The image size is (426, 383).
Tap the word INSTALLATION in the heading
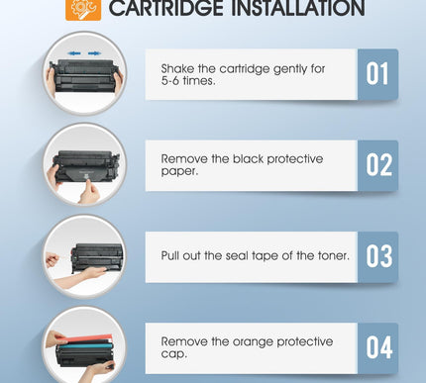[x=292, y=10]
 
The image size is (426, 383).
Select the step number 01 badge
[x=377, y=74]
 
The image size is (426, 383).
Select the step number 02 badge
[x=377, y=165]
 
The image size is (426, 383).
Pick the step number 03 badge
[x=377, y=256]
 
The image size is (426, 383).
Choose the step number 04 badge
[x=377, y=347]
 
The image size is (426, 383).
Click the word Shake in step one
[x=179, y=68]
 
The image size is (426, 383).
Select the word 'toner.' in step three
[x=328, y=255]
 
